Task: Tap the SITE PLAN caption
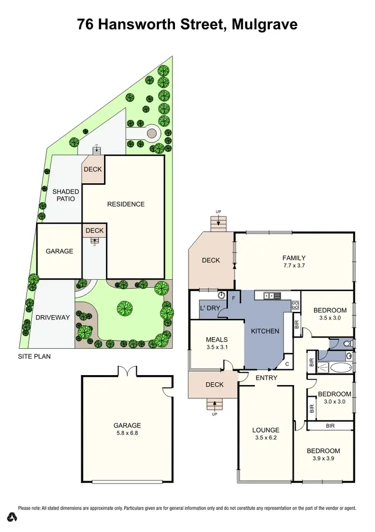point(34,357)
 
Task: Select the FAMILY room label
point(293,258)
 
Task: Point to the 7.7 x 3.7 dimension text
point(293,266)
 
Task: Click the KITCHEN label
point(265,331)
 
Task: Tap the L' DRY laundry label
point(210,309)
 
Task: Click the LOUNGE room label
point(265,430)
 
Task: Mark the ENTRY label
point(266,378)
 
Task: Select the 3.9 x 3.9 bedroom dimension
point(323,459)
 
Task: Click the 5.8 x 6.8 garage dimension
point(126,434)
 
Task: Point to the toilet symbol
point(348,344)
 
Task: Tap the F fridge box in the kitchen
point(233,298)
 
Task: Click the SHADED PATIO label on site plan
point(65,195)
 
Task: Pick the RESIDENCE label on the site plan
point(126,204)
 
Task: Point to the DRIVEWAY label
point(52,317)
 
